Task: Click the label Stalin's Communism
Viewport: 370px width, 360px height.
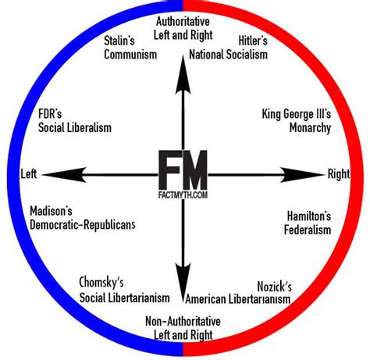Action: (130, 47)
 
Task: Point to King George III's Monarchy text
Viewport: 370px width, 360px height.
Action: (296, 120)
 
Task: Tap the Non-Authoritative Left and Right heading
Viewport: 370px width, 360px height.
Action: (184, 329)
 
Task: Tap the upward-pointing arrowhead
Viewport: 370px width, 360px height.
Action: (184, 70)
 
